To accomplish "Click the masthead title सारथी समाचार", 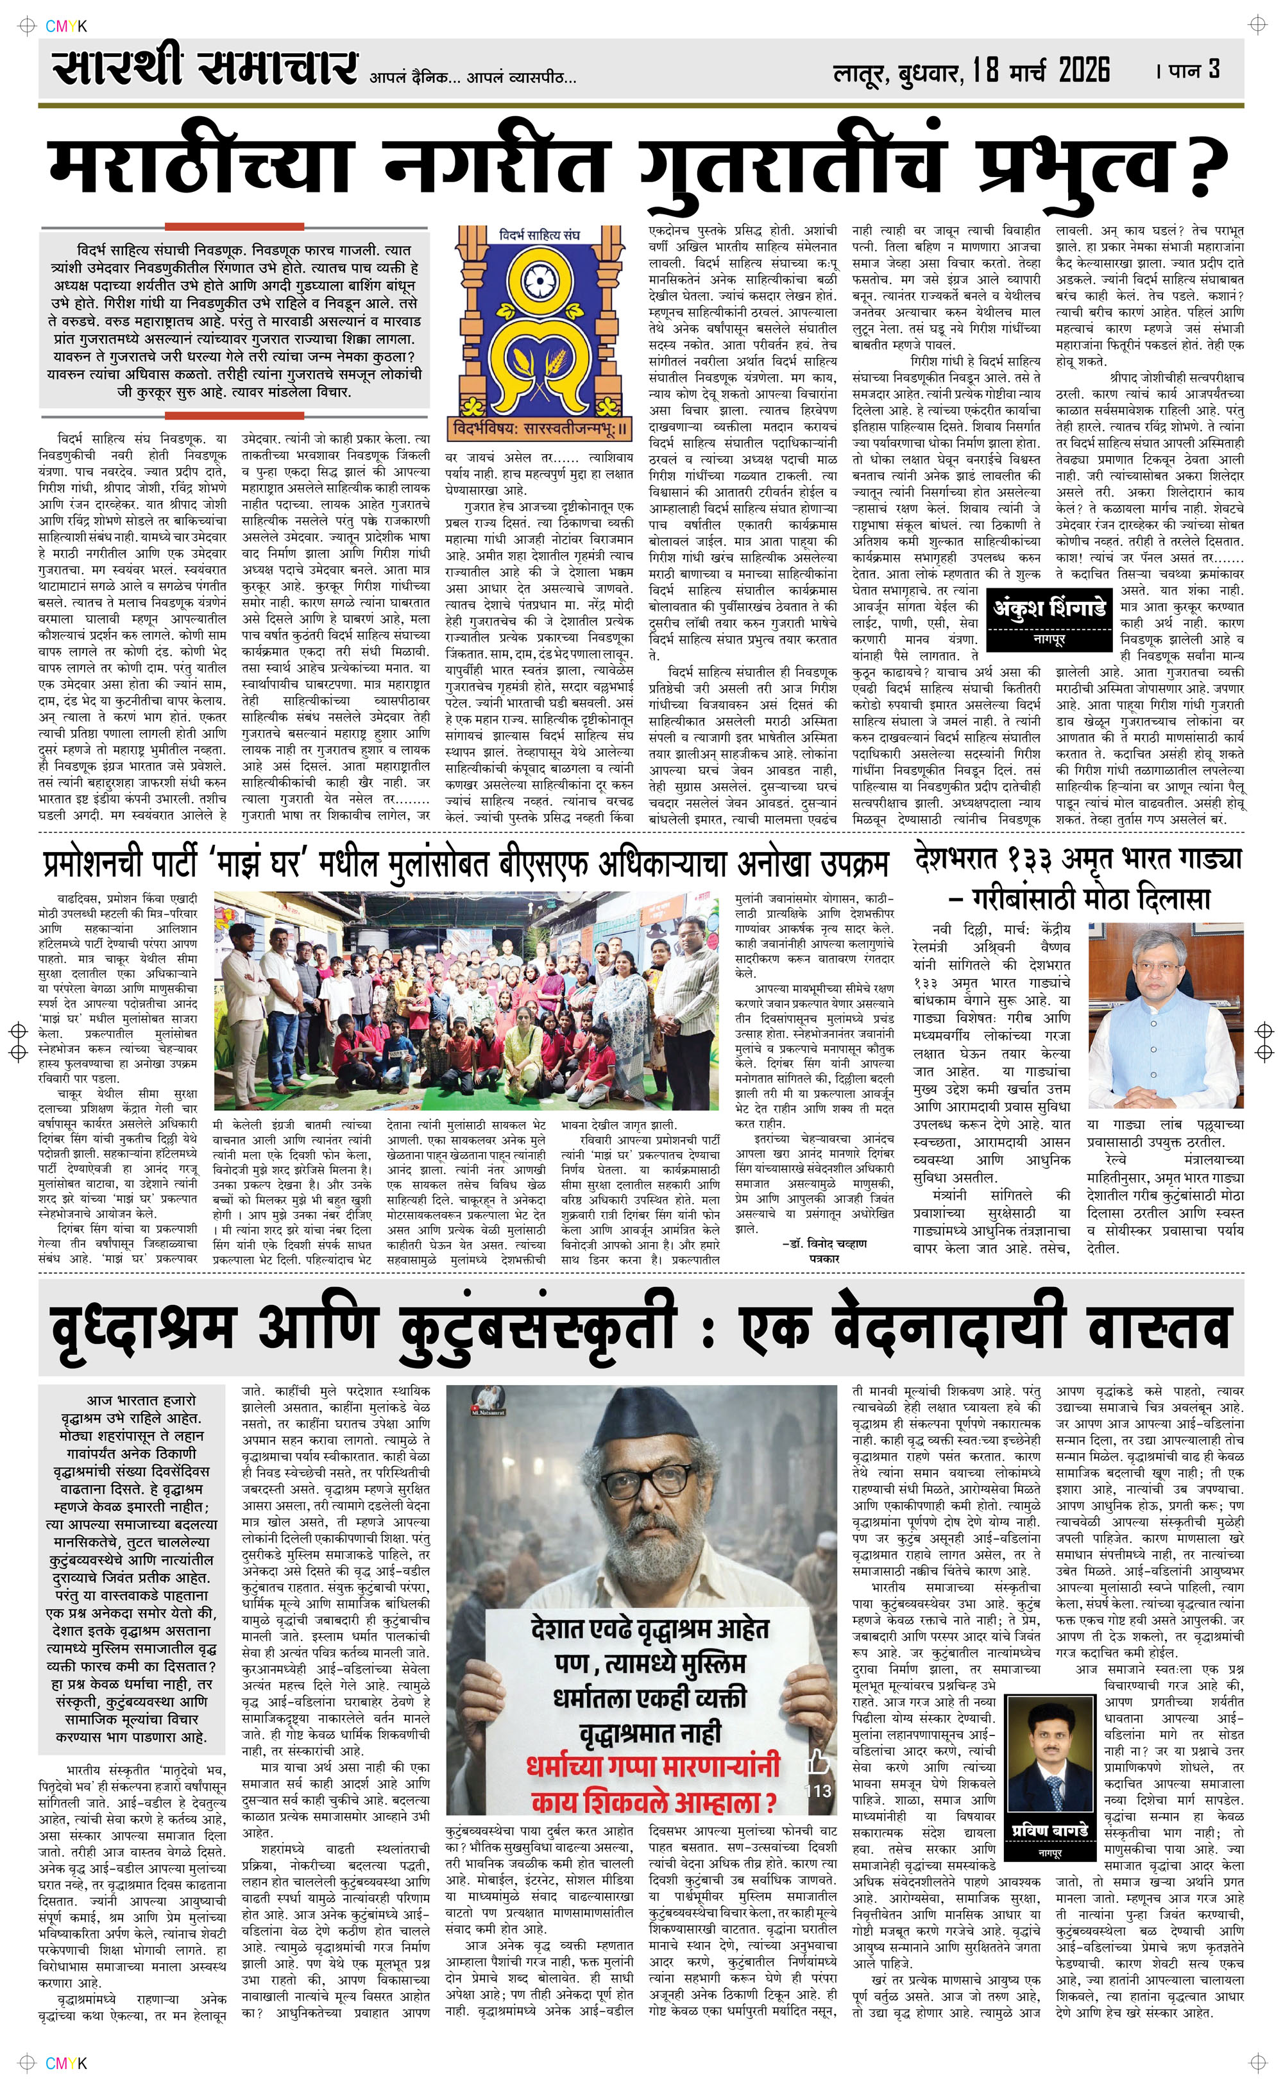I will point(203,69).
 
